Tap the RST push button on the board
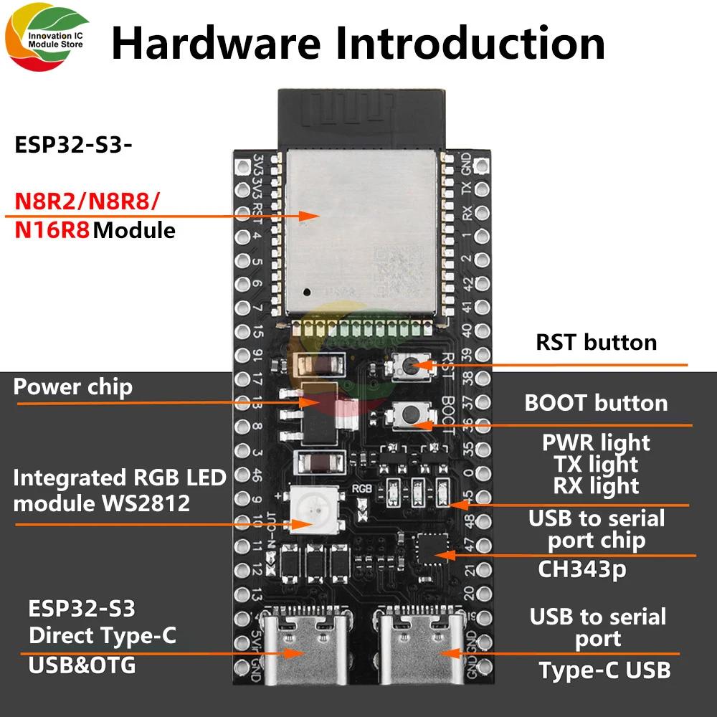[407, 367]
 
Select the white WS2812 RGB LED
[310, 507]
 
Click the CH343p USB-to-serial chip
[428, 548]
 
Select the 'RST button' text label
[596, 341]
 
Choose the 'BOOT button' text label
[596, 402]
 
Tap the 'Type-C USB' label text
[604, 670]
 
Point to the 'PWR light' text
[595, 443]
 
